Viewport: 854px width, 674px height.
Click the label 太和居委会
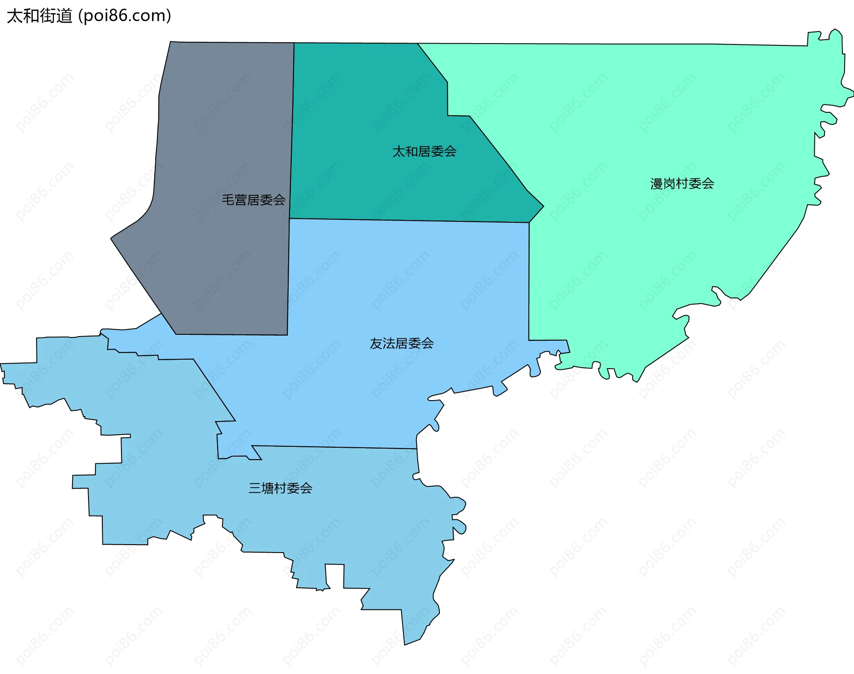click(424, 152)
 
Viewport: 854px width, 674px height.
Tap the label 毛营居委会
click(254, 200)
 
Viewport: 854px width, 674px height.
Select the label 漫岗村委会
click(682, 184)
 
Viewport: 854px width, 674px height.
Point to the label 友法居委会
click(402, 343)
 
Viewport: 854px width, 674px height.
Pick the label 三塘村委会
click(280, 488)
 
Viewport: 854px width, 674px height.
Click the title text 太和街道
click(40, 16)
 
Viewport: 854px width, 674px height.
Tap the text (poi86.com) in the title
click(125, 16)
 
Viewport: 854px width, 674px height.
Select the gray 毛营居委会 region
click(222, 133)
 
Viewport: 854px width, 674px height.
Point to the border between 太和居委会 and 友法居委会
click(409, 221)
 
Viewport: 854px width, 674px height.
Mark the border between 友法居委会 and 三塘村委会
click(334, 447)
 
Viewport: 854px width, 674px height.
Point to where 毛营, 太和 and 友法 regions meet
click(290, 218)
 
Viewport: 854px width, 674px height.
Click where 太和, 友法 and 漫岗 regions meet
click(529, 222)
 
